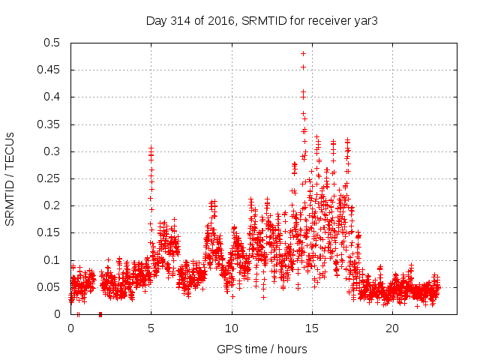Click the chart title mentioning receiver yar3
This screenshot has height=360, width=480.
tap(261, 20)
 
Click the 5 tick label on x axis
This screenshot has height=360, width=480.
tap(151, 328)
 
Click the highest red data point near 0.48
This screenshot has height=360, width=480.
tap(303, 53)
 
